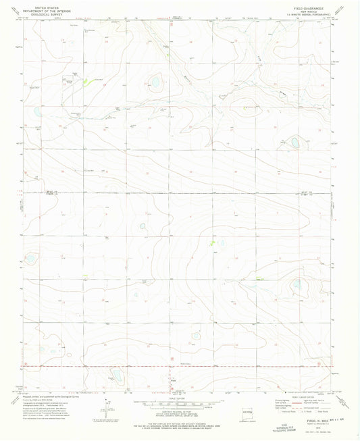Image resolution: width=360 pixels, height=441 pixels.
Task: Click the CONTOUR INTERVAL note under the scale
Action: (180, 411)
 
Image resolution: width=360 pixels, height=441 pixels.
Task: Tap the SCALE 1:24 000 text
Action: (180, 398)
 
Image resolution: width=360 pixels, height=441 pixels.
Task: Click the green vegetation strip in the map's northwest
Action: (86, 81)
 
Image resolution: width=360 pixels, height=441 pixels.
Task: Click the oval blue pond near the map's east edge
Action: (295, 142)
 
